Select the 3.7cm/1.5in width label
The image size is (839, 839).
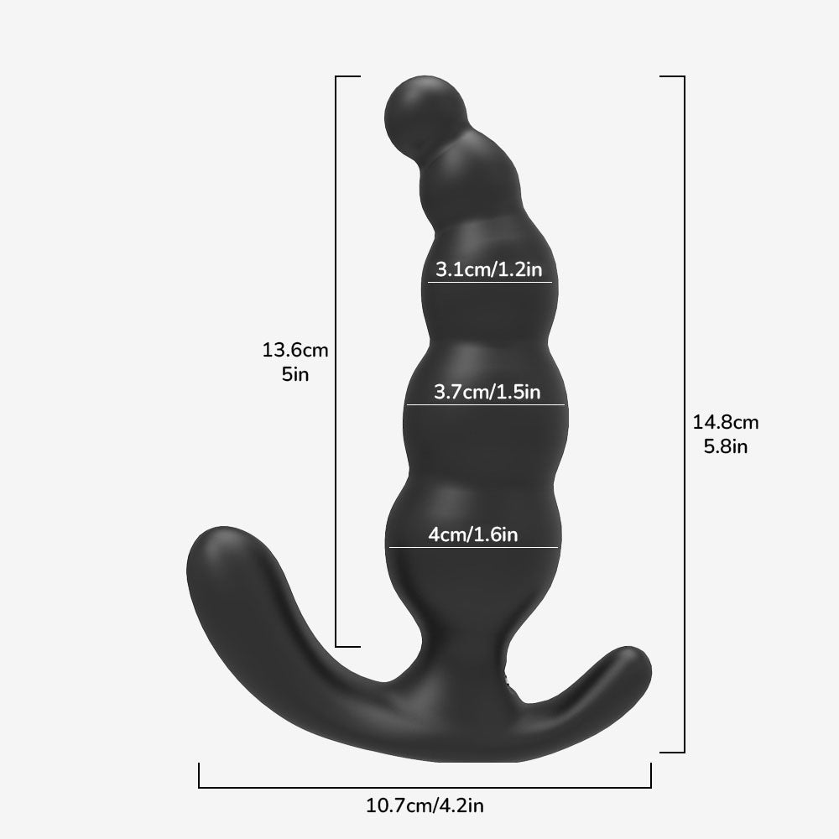click(487, 392)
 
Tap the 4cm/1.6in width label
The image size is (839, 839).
click(473, 534)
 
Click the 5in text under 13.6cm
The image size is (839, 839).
click(295, 374)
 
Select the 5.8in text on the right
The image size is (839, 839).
click(726, 446)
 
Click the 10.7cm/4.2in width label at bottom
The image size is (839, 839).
click(425, 807)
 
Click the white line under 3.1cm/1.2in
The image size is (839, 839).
click(490, 283)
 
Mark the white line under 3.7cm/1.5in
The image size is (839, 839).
click(487, 405)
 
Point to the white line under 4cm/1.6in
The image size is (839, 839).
click(473, 548)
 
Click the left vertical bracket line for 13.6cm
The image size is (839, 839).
click(336, 361)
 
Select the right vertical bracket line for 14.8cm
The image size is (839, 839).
click(685, 411)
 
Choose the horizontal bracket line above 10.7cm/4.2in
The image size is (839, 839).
click(425, 788)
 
